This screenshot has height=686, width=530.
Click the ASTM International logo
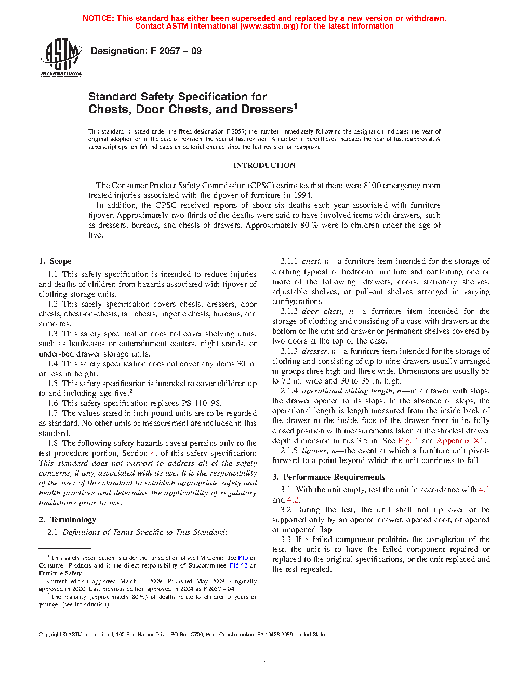click(x=61, y=57)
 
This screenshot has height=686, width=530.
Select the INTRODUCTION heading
click(x=264, y=165)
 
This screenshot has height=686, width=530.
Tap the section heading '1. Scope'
click(x=55, y=261)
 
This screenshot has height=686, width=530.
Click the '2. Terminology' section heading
click(x=68, y=519)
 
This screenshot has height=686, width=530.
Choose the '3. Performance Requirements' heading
click(x=329, y=477)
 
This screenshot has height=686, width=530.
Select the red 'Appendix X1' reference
click(x=460, y=441)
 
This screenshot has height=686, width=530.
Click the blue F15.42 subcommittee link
click(x=238, y=565)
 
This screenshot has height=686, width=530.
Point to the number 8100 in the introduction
click(x=372, y=186)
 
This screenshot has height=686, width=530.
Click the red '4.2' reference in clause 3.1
click(x=293, y=500)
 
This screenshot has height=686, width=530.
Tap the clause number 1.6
click(x=52, y=403)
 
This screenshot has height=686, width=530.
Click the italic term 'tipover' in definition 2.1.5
click(x=314, y=451)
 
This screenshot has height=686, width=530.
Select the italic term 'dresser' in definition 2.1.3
click(x=314, y=351)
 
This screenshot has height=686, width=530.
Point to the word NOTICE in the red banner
click(x=98, y=18)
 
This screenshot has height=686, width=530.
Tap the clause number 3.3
click(x=286, y=539)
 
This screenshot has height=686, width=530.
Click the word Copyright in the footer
click(x=50, y=635)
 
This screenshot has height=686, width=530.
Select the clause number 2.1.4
click(x=289, y=391)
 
